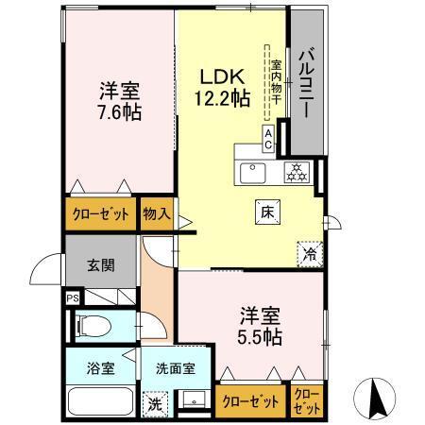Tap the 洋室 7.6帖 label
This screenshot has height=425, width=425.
(x=119, y=101)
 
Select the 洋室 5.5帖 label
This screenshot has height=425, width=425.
(x=259, y=325)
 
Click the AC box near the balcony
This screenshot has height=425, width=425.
(x=269, y=139)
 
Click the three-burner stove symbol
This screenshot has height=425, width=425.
(x=297, y=172)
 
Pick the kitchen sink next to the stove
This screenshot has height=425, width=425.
(x=253, y=173)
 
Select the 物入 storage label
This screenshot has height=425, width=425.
(x=157, y=214)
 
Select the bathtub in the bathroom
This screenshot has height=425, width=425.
(x=102, y=401)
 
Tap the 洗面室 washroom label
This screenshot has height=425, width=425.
(x=176, y=366)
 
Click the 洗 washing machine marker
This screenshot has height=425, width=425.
(x=154, y=403)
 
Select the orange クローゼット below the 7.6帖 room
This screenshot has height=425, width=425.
(x=101, y=214)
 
